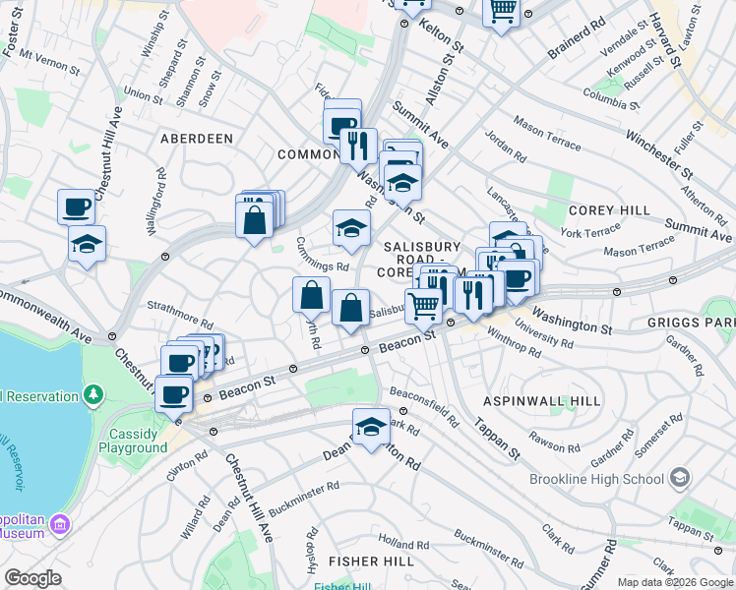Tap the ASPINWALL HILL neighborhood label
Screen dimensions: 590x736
541,402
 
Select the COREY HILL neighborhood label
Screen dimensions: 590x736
609,210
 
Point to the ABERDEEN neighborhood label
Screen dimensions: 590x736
197,139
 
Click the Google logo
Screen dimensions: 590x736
32,578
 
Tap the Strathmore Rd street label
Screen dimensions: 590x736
180,316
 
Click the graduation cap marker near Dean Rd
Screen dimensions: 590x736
371,427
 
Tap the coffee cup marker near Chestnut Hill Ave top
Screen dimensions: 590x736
76,206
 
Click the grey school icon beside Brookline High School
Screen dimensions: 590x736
679,479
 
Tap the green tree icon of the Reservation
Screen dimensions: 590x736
93,395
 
